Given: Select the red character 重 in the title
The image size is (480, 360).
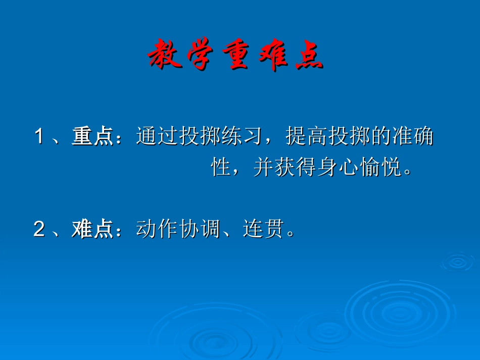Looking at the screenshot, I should [238, 55].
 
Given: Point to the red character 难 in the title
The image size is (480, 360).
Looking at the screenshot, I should [273, 55].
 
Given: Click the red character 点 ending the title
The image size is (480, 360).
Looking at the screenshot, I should [308, 55].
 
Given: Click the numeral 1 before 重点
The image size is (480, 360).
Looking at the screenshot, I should [39, 137].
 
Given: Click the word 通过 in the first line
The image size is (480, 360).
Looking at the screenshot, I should [157, 137].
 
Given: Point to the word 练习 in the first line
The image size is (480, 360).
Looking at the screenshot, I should [242, 137].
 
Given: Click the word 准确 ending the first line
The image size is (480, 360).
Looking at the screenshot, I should [412, 137].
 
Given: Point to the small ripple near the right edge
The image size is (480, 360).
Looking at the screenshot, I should [457, 262].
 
